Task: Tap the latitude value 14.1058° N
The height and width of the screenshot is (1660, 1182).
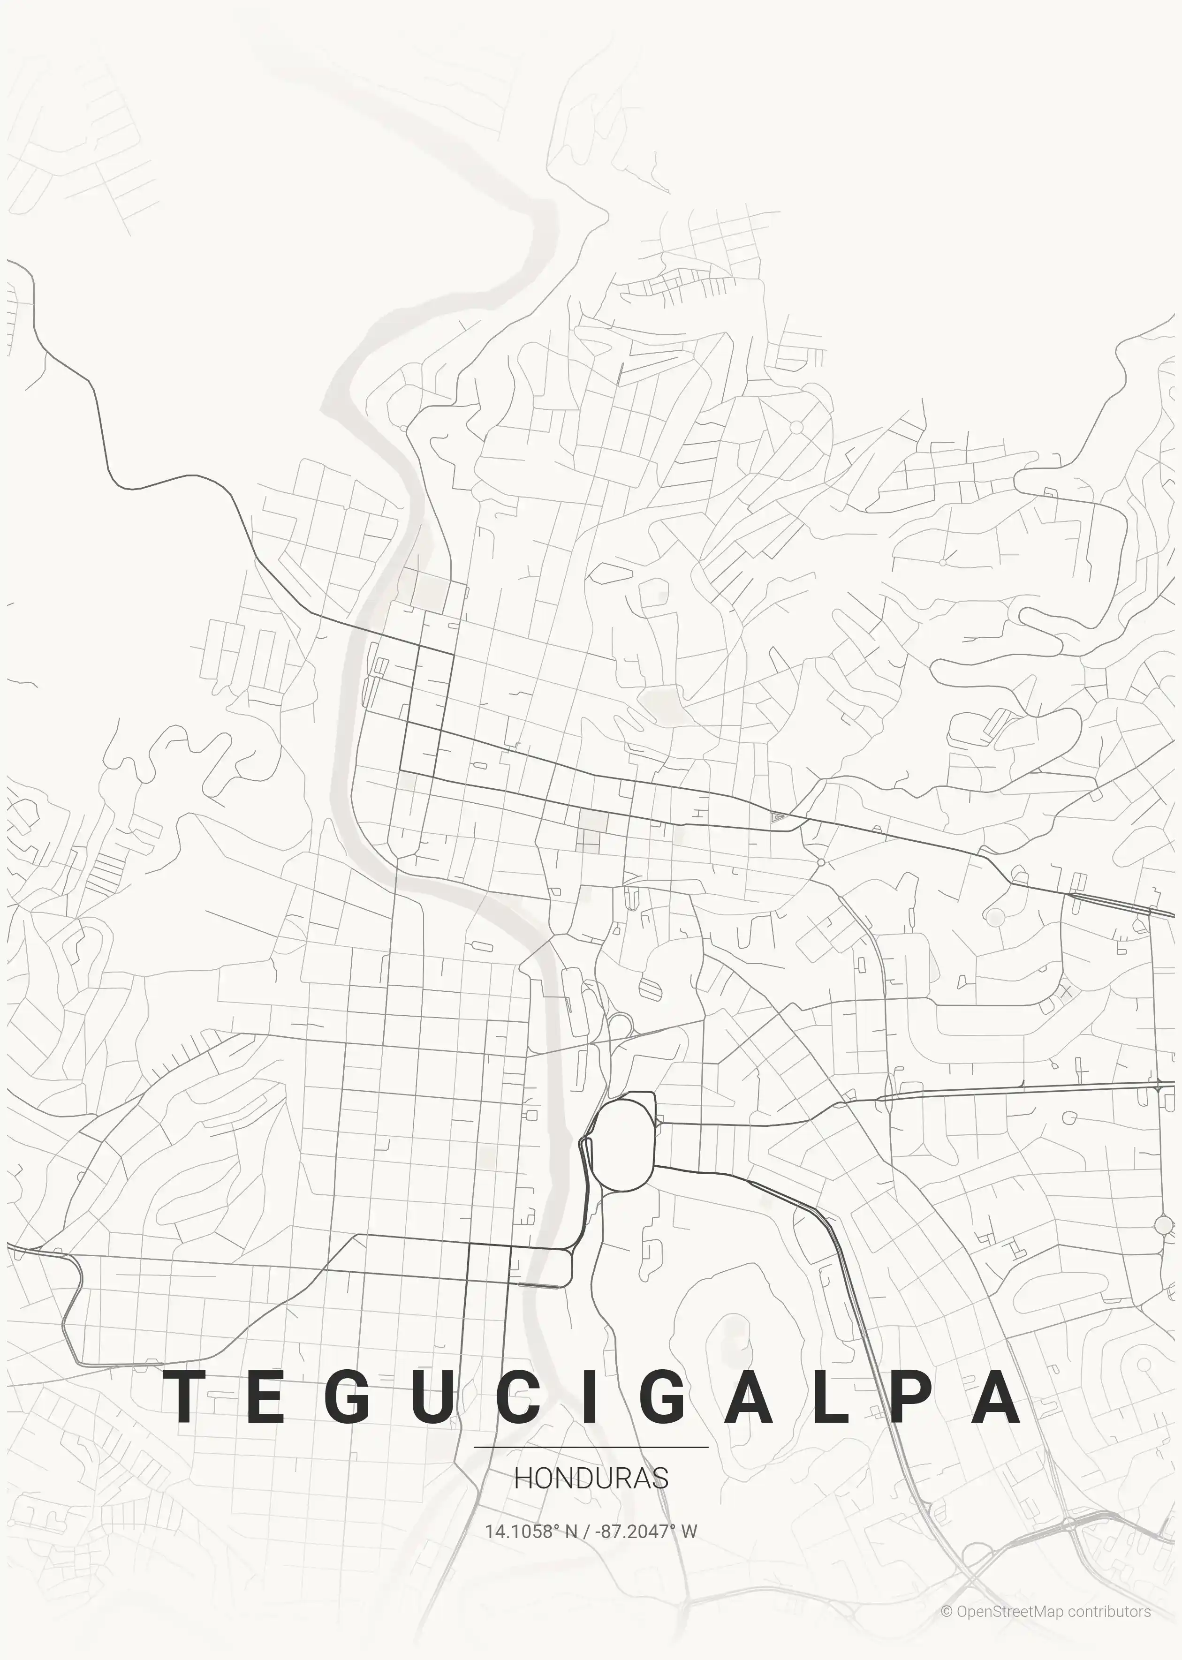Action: [x=530, y=1531]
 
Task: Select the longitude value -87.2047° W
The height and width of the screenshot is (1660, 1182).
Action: [x=645, y=1531]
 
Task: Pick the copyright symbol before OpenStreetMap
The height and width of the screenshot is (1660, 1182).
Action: [x=946, y=1611]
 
